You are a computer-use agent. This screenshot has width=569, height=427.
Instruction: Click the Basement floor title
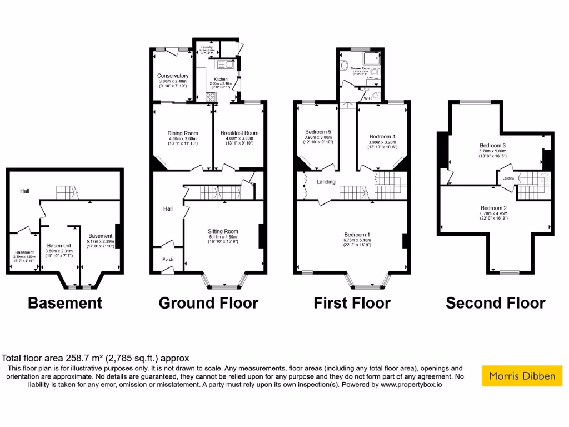click(x=65, y=303)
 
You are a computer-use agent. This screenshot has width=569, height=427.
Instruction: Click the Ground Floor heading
click(x=208, y=303)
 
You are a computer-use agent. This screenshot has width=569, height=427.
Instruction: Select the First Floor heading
click(x=352, y=303)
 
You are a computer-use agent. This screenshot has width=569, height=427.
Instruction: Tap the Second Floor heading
click(x=496, y=303)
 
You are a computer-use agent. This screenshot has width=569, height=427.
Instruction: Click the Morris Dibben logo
click(x=522, y=376)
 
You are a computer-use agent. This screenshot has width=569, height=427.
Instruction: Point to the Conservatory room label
click(x=173, y=76)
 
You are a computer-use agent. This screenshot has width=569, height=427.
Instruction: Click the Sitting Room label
click(x=223, y=231)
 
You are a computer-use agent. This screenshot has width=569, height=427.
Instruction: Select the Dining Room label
click(x=183, y=133)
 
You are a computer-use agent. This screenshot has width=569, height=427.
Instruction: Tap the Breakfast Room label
click(x=239, y=133)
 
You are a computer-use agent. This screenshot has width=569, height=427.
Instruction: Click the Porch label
click(x=168, y=260)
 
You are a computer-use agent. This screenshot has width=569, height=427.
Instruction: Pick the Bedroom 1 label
click(x=357, y=235)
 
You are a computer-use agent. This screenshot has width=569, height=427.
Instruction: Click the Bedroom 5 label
click(x=318, y=131)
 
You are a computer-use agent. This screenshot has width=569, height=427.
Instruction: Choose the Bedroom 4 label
click(x=382, y=137)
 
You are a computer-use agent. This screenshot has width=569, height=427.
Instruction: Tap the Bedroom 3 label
click(x=492, y=146)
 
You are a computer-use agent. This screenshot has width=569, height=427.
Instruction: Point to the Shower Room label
click(x=360, y=68)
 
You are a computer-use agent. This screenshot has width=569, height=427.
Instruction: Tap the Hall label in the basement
click(x=25, y=191)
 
